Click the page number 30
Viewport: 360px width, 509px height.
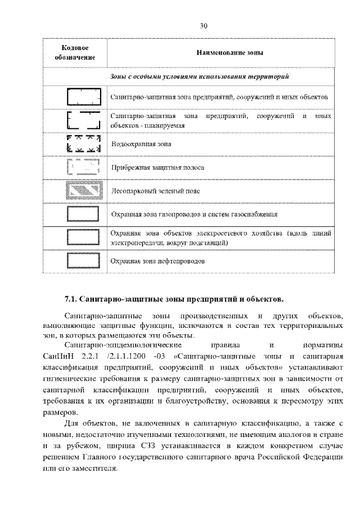click(204, 25)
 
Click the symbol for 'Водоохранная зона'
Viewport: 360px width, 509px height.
click(83, 144)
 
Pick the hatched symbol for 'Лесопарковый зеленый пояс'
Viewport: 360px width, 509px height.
click(83, 191)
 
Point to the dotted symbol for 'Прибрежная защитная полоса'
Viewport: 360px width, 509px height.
click(83, 168)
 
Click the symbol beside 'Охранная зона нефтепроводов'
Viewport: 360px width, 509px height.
click(83, 261)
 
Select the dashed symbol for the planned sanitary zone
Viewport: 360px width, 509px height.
click(83, 120)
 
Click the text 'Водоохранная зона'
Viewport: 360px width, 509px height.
click(141, 144)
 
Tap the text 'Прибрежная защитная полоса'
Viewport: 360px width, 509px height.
click(157, 168)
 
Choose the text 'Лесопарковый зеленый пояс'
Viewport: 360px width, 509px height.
click(155, 191)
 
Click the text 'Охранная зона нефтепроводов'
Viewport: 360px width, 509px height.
click(157, 262)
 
